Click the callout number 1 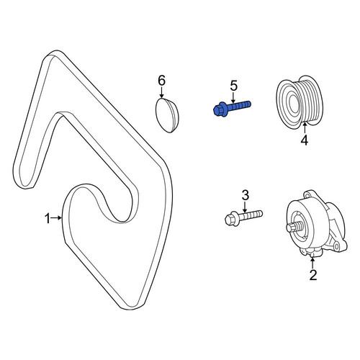point(48,219)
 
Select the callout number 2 point(312,275)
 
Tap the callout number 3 point(245,195)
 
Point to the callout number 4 point(305,140)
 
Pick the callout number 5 point(233,86)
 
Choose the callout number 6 point(161,81)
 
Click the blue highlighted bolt point(232,109)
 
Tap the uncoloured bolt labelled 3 point(243,217)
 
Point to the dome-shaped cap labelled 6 point(167,115)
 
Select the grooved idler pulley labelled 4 point(300,104)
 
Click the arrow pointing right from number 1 point(57,217)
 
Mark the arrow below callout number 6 point(162,92)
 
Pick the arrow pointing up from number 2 point(312,263)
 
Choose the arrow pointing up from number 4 point(305,127)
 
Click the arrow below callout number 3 point(245,207)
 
